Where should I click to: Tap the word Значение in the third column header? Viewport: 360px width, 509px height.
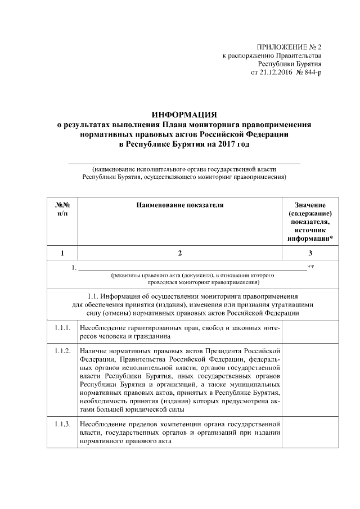[x=310, y=205]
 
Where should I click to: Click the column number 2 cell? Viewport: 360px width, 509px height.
[x=180, y=253]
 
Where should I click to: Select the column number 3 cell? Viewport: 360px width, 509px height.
[x=310, y=253]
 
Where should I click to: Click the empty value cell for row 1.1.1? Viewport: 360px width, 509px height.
[x=310, y=332]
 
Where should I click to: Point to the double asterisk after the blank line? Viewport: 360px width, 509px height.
[x=311, y=265]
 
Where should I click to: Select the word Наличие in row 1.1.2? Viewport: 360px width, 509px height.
[x=94, y=352]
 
